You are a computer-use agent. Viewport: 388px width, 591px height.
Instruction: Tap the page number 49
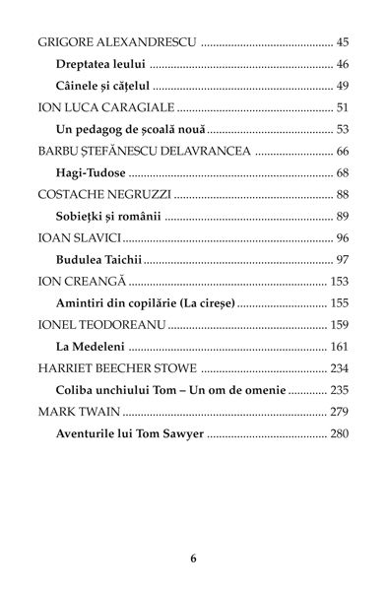tap(343, 86)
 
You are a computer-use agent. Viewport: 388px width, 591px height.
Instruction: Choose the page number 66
tap(343, 151)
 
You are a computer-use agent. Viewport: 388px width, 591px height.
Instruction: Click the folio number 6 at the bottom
tap(194, 558)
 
